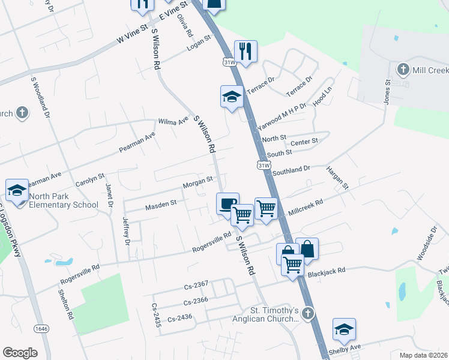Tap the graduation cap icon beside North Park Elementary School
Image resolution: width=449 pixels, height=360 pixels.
[x=17, y=190]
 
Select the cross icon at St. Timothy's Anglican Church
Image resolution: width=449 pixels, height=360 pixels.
[x=307, y=313]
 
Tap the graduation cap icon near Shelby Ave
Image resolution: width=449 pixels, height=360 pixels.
[x=344, y=329]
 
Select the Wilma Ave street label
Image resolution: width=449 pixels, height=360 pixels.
[x=173, y=122]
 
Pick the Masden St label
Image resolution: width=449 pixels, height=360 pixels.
[x=160, y=205]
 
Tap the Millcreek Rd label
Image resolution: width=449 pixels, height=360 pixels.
[x=306, y=206]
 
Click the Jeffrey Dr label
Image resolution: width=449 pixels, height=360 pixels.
[x=127, y=231]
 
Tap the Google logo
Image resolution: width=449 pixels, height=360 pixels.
[x=20, y=352]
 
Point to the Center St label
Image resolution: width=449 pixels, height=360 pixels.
[x=304, y=142]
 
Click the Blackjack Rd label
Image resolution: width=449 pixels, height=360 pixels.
[x=327, y=271]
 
